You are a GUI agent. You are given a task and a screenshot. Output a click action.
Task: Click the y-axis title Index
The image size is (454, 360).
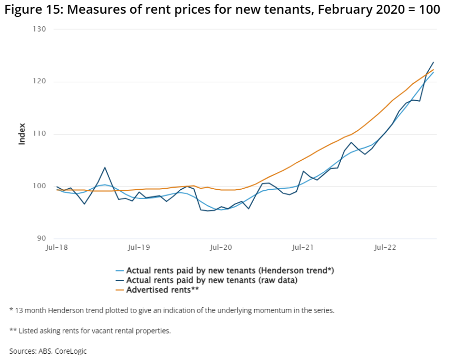[x=22, y=134]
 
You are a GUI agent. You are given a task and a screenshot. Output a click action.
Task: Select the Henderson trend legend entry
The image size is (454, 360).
[x=230, y=270]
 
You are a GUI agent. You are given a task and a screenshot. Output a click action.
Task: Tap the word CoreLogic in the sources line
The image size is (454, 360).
[x=71, y=351]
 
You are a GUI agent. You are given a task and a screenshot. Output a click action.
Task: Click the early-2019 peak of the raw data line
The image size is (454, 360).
[x=105, y=168]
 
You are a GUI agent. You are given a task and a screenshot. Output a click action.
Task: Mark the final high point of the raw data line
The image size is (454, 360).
[x=433, y=62]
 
